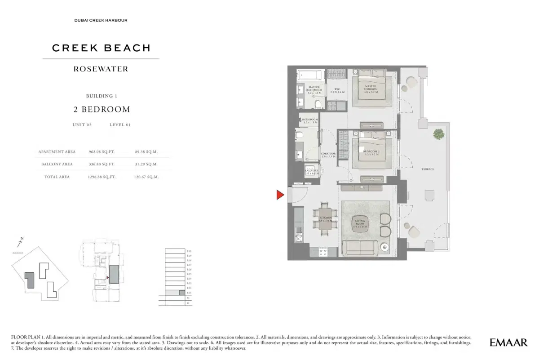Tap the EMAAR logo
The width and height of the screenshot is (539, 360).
(x=508, y=343)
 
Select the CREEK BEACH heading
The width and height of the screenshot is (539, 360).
(x=101, y=48)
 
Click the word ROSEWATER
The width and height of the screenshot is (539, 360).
(x=101, y=69)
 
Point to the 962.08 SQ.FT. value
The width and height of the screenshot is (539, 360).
(x=102, y=152)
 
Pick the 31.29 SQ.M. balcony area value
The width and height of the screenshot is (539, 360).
(x=146, y=164)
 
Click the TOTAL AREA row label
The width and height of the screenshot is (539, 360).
(x=57, y=177)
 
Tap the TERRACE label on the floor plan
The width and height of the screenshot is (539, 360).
(x=427, y=169)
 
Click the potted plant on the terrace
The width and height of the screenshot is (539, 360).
(x=438, y=133)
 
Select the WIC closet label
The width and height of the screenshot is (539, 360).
(x=337, y=90)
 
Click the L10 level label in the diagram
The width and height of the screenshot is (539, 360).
(x=189, y=251)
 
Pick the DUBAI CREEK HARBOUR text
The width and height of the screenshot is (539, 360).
(x=101, y=20)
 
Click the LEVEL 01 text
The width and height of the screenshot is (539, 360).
(x=120, y=125)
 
